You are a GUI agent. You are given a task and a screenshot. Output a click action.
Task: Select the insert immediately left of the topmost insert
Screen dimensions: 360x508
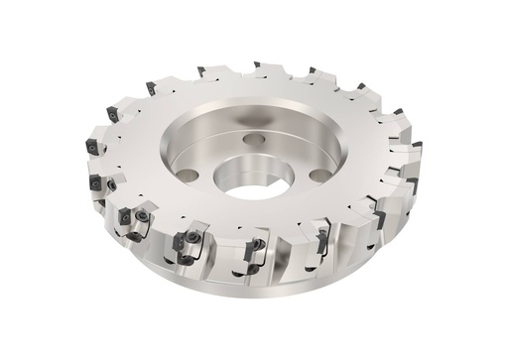coord(200,70)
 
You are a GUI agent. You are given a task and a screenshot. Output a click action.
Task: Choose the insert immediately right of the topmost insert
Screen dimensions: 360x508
coord(312,70)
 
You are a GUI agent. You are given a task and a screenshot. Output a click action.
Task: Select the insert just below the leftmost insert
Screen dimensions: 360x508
coord(97,183)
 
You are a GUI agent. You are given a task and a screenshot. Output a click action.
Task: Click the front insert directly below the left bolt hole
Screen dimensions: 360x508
coord(184,240)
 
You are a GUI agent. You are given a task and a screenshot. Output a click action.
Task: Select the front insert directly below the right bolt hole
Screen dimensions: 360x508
coord(322,236)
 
